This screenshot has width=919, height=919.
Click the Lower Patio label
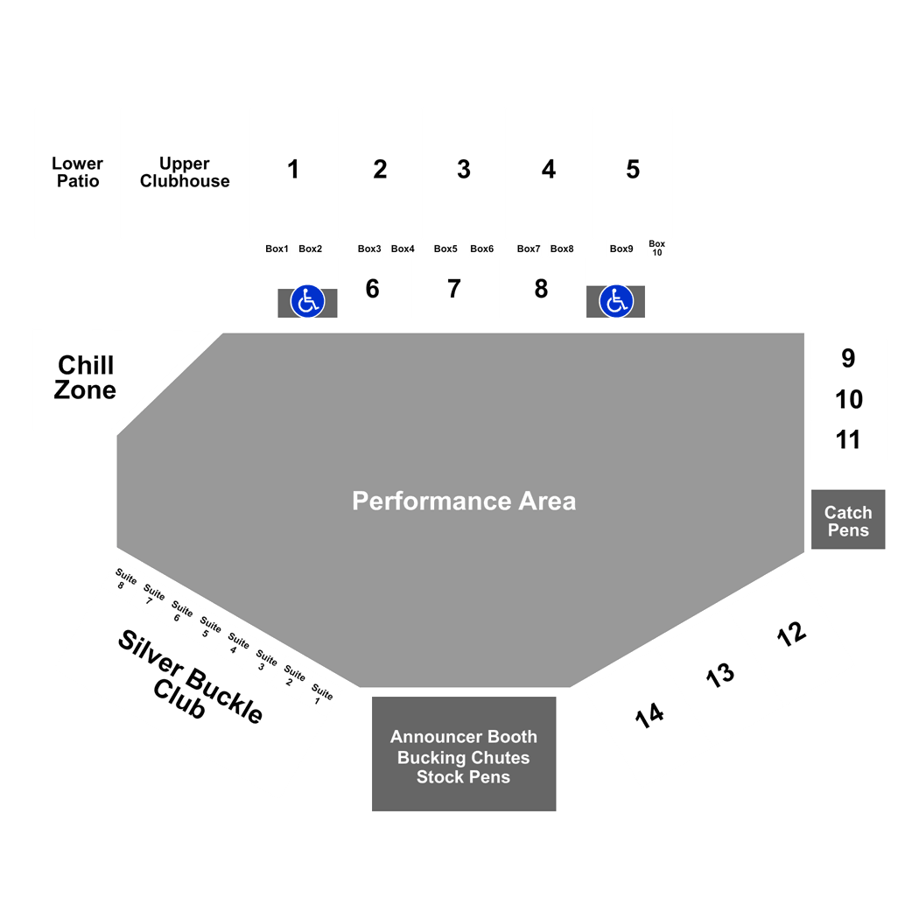(x=77, y=172)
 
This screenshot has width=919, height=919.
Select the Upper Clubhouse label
(x=185, y=172)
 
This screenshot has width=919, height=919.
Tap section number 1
(x=293, y=170)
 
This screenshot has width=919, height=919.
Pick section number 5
(x=633, y=170)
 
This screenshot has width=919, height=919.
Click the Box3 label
(x=369, y=249)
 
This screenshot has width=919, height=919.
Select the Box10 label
(x=657, y=248)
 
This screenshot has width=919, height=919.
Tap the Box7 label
(x=529, y=249)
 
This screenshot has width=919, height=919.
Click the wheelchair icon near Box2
(x=308, y=301)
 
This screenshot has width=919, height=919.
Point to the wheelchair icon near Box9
(x=616, y=301)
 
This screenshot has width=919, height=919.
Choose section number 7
(x=453, y=288)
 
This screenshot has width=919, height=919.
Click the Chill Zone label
(x=85, y=377)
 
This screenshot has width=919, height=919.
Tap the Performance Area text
(x=464, y=502)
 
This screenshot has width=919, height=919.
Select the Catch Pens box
(x=848, y=519)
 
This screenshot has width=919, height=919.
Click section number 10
(x=849, y=399)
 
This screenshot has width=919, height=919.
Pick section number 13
(x=719, y=675)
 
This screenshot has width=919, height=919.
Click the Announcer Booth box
(x=464, y=754)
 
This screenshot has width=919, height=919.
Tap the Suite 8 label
(x=125, y=579)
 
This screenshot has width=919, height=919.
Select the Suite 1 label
(x=321, y=694)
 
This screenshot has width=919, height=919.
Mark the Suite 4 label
(x=237, y=643)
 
